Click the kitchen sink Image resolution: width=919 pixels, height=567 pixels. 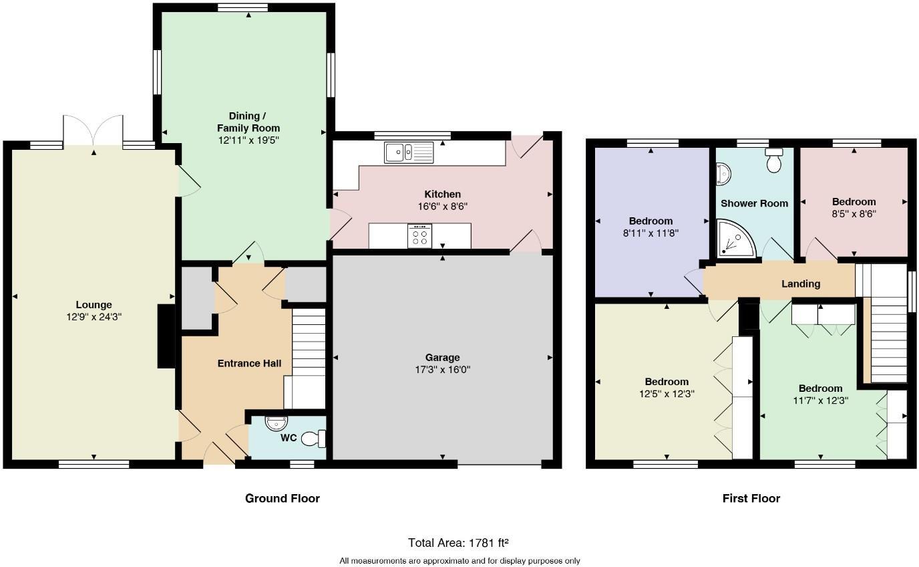coord(409,152)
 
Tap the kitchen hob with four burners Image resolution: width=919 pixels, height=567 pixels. coord(419,236)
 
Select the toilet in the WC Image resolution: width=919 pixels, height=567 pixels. coord(313,439)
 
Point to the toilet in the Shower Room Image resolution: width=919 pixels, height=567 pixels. coord(774,160)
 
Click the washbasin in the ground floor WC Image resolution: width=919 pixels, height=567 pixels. coord(277,423)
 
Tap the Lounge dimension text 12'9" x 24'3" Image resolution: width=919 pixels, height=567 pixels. coord(94,317)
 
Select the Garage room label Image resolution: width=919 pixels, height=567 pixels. coord(442,358)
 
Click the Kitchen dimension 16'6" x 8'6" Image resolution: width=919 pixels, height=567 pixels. coord(443,206)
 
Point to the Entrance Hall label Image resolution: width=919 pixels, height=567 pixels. coord(249,363)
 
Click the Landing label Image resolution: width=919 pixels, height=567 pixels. coord(801,284)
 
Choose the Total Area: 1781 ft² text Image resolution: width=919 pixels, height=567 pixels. coord(458,543)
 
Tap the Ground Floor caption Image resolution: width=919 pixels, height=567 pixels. coord(283,498)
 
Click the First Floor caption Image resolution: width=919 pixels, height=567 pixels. coord(751,498)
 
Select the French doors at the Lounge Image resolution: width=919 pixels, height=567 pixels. coord(93,130)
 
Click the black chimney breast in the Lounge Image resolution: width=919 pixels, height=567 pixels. coord(166,336)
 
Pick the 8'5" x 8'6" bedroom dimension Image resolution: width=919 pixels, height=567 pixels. coord(854,214)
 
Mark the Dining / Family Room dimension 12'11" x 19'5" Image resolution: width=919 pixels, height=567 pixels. coord(248,140)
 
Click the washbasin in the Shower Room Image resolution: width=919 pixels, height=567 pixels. coord(723,174)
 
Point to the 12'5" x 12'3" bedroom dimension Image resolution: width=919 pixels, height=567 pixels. coord(667,394)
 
